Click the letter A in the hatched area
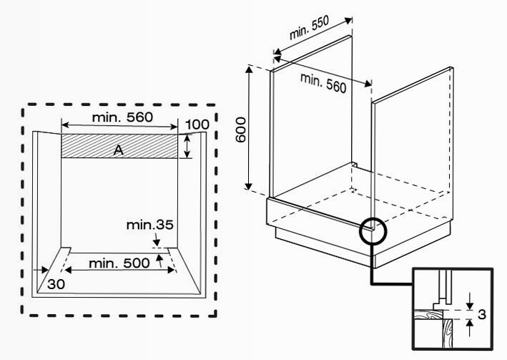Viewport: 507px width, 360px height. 119,150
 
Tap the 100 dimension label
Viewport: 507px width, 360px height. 197,125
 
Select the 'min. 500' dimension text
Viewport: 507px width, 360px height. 119,263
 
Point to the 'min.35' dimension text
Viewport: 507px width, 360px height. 149,225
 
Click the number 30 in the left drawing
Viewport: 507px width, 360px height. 56,284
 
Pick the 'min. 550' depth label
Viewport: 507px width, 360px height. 309,27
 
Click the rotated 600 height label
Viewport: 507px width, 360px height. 240,130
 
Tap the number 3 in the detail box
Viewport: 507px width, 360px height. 482,314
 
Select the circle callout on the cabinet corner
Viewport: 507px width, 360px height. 373,231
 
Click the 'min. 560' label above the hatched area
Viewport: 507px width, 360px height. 122,117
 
